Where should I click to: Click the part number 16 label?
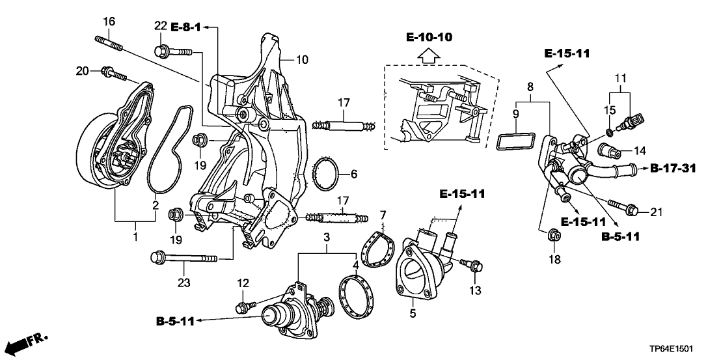pos(109,21)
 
